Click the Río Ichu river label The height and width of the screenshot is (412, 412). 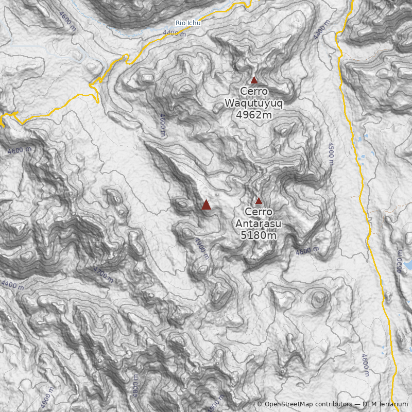188,23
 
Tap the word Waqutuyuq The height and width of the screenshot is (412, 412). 254,103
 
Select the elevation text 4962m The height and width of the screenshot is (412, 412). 254,115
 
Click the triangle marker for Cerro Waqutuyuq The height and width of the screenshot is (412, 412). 254,80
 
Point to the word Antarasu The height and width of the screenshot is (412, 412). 259,224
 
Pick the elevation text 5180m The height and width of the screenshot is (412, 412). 259,235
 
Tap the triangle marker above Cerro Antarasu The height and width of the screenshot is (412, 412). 259,200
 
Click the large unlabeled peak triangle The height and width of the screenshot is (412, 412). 206,204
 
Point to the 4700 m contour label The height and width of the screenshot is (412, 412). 103,274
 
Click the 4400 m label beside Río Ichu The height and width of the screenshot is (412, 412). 174,33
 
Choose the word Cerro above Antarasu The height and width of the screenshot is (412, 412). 259,212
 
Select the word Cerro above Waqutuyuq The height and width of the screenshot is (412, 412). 254,91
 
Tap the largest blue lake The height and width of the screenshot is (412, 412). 408,265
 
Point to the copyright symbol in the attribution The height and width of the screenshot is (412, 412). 260,404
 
